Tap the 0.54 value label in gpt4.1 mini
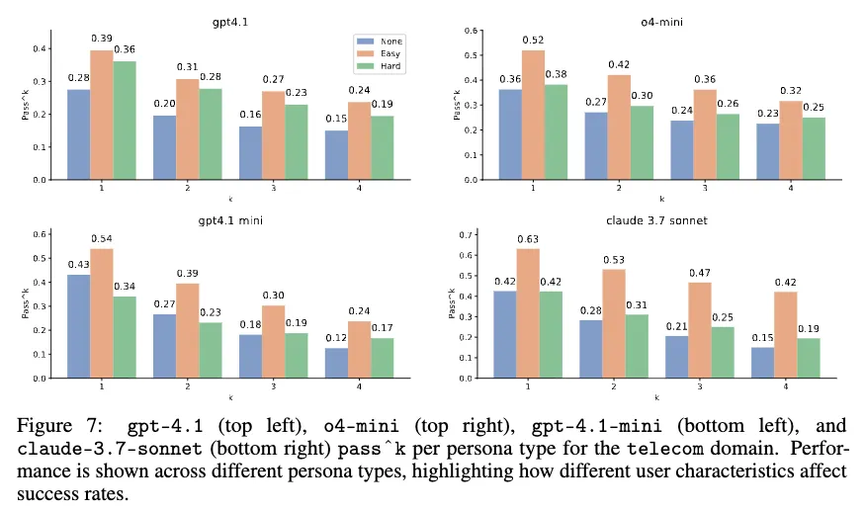pos(102,238)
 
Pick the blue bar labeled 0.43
pos(78,326)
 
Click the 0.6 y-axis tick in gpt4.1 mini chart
pos(42,234)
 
